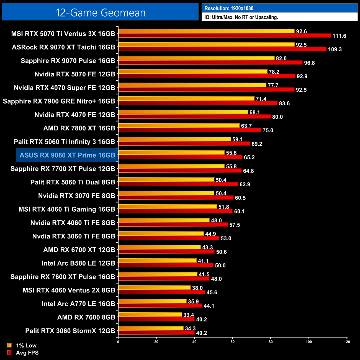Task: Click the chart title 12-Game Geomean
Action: point(101,13)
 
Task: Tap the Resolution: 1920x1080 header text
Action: point(229,8)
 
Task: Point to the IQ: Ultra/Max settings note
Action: point(241,17)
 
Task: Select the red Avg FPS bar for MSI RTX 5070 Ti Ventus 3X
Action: point(224,36)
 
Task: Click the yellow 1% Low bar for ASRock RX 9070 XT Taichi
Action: point(206,45)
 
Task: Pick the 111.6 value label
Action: point(339,36)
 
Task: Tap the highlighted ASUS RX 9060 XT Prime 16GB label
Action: point(67,155)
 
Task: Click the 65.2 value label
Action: point(249,158)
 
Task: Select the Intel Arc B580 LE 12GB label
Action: point(78,263)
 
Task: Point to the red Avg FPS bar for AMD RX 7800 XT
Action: point(190,130)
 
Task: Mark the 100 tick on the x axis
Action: point(309,342)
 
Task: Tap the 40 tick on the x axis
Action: point(194,342)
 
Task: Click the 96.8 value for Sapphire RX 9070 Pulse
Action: point(309,63)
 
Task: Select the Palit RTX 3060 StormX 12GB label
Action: point(70,331)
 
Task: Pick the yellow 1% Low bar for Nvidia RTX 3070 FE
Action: point(166,193)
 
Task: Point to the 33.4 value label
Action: point(189,315)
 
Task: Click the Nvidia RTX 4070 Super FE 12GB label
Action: point(65,88)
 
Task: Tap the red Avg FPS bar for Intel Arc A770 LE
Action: point(160,306)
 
